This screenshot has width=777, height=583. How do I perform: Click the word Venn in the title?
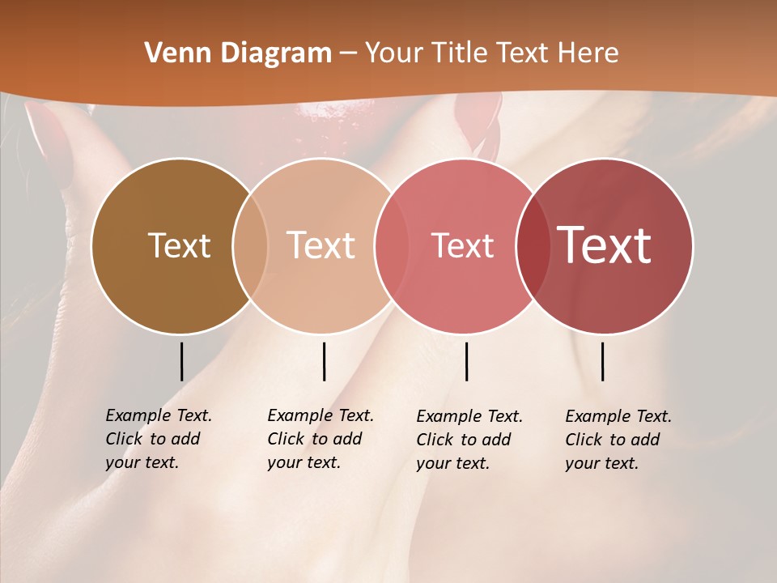pyautogui.click(x=169, y=53)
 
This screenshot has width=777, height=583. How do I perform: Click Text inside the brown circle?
pyautogui.click(x=179, y=245)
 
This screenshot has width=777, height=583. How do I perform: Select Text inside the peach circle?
pyautogui.click(x=321, y=245)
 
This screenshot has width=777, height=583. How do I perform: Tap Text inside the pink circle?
pyautogui.click(x=463, y=245)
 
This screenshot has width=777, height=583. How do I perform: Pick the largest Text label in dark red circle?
pyautogui.click(x=605, y=245)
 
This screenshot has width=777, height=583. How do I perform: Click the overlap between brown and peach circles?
pyautogui.click(x=250, y=245)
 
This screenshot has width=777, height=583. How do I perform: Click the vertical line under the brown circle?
pyautogui.click(x=181, y=361)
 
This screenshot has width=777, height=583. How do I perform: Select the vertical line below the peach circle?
pyautogui.click(x=324, y=361)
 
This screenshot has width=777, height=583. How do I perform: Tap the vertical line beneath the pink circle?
pyautogui.click(x=466, y=361)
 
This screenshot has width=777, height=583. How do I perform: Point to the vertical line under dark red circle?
pyautogui.click(x=602, y=361)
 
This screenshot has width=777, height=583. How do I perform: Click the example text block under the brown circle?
pyautogui.click(x=158, y=439)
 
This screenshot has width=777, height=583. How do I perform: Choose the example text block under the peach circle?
pyautogui.click(x=320, y=439)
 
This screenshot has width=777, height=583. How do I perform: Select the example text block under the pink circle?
pyautogui.click(x=469, y=440)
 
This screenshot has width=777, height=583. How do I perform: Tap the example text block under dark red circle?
pyautogui.click(x=618, y=440)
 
